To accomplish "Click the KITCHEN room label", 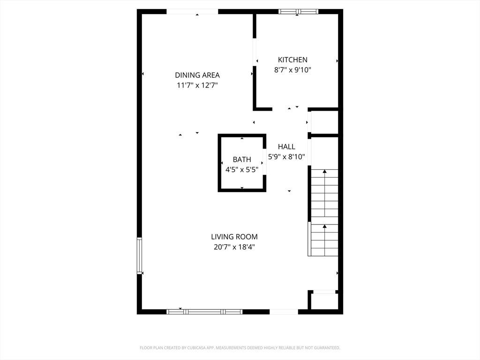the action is pyautogui.click(x=292, y=60).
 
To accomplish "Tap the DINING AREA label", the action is pyautogui.click(x=197, y=75).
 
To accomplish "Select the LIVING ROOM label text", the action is pyautogui.click(x=234, y=237).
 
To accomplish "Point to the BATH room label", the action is pyautogui.click(x=242, y=159).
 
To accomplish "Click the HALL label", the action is pyautogui.click(x=286, y=147).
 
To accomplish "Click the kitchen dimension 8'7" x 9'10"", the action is pyautogui.click(x=292, y=70).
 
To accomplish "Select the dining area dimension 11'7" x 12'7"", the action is pyautogui.click(x=197, y=85).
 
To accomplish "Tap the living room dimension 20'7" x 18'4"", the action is pyautogui.click(x=234, y=247).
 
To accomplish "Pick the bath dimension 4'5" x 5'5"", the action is pyautogui.click(x=242, y=170).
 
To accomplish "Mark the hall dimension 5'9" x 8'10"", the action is pyautogui.click(x=286, y=157).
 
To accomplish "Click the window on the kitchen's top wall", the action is pyautogui.click(x=298, y=12).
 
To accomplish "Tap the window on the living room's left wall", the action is pyautogui.click(x=140, y=255).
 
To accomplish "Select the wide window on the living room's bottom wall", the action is pyautogui.click(x=204, y=312).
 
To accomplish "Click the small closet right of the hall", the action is pyautogui.click(x=324, y=122).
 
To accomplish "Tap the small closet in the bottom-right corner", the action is pyautogui.click(x=324, y=301).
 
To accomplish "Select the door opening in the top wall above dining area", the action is pyautogui.click(x=192, y=12).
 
